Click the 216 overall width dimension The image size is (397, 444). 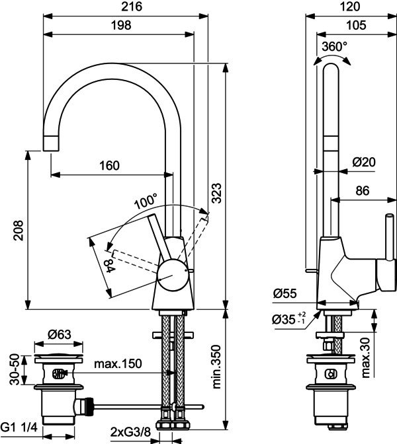[x=132, y=7]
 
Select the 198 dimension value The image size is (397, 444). [x=121, y=26]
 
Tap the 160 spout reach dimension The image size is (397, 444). [x=109, y=165]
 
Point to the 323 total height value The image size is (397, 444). [x=216, y=193]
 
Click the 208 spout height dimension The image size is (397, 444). [x=19, y=231]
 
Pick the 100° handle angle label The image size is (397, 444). [x=146, y=201]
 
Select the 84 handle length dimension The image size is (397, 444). [x=109, y=266]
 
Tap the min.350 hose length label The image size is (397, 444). [x=216, y=367]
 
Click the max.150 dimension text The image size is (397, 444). [x=118, y=363]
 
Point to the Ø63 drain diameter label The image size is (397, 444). [x=60, y=335]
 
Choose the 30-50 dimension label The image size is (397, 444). [x=15, y=369]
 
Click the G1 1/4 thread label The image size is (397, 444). [x=19, y=427]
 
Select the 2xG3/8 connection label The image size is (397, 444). [x=130, y=433]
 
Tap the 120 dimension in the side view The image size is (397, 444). [x=350, y=7]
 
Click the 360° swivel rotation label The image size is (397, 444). [x=334, y=46]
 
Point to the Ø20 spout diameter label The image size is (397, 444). [x=364, y=162]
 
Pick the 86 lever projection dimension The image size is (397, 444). [x=363, y=191]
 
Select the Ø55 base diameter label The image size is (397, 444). [x=285, y=293]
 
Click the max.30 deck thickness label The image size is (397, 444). [x=366, y=357]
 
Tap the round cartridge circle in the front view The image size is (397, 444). [x=173, y=276]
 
